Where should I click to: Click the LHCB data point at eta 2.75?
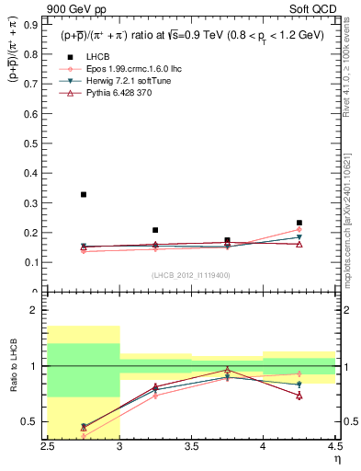click(84, 194)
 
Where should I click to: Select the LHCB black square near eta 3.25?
click(155, 230)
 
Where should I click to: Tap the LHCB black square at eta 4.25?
click(299, 223)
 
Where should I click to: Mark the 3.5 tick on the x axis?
click(191, 446)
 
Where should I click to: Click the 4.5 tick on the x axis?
click(333, 446)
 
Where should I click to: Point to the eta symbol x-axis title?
click(336, 458)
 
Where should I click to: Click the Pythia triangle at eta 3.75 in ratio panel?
click(227, 370)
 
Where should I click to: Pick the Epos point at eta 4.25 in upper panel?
click(299, 230)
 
